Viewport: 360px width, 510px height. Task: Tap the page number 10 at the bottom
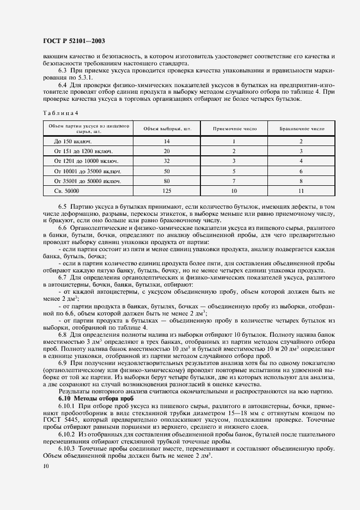click(x=45, y=466)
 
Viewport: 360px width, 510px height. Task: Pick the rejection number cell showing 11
click(x=301, y=191)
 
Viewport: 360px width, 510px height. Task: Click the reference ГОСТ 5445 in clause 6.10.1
click(x=59, y=420)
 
